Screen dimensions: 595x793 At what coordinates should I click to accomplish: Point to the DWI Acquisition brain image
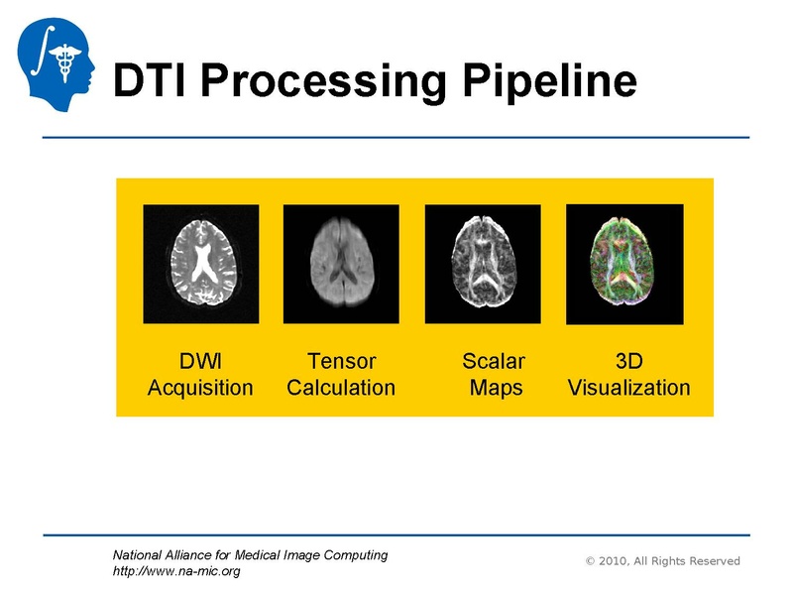[x=201, y=264]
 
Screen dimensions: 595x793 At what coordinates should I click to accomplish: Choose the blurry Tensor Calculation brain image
[x=341, y=264]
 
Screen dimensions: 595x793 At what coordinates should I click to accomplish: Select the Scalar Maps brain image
[x=483, y=264]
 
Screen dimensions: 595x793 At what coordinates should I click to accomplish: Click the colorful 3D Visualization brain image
[x=624, y=264]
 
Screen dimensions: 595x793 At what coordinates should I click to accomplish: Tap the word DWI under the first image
[x=200, y=361]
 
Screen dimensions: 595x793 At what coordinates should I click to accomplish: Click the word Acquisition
[x=200, y=388]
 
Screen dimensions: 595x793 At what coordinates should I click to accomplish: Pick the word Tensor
[x=341, y=361]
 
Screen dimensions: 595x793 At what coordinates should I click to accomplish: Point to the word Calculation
[x=341, y=388]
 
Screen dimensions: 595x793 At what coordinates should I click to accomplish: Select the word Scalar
[x=494, y=361]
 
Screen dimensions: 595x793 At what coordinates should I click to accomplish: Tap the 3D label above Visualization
[x=628, y=361]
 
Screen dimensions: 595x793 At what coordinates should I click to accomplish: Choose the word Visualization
[x=628, y=388]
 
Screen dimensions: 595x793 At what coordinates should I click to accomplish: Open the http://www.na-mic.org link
[x=176, y=571]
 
